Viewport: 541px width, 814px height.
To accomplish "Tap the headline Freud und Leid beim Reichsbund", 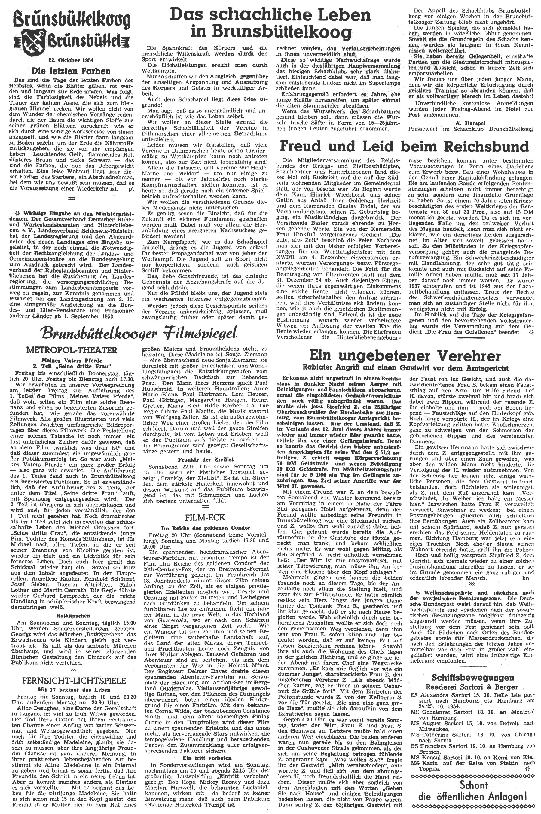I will pos(404,146).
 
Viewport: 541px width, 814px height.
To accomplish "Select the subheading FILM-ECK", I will pos(205,517).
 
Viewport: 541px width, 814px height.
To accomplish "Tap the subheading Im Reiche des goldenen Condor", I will pos(205,528).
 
